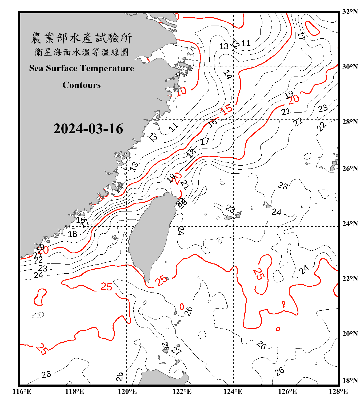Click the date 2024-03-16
[x=88, y=129]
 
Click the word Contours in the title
[x=81, y=85]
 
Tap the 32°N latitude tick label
[x=350, y=12]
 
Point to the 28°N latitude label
[x=350, y=122]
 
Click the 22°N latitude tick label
[x=350, y=279]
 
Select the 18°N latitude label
[x=350, y=381]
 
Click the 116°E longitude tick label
[x=22, y=392]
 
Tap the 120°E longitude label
[x=127, y=392]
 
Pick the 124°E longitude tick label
[x=233, y=392]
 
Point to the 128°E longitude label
[x=338, y=392]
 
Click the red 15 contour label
[x=227, y=110]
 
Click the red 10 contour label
[x=181, y=91]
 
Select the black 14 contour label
[x=227, y=75]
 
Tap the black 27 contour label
[x=176, y=350]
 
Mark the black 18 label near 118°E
[x=72, y=234]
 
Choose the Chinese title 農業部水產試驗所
[x=81, y=38]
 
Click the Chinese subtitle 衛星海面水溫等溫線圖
[x=81, y=52]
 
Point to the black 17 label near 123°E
[x=205, y=142]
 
